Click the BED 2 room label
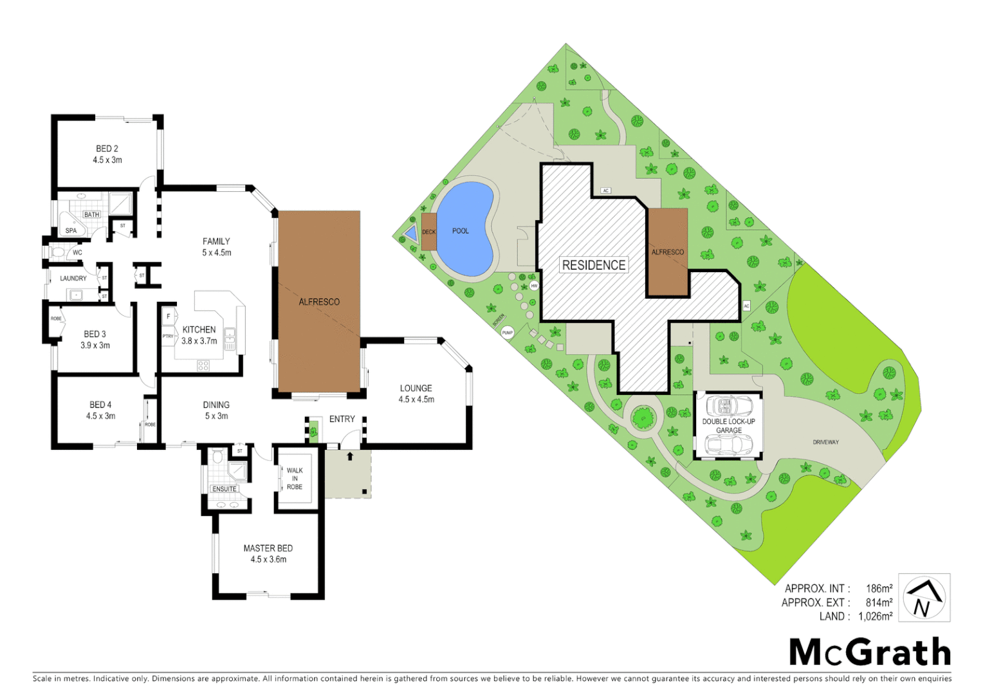[x=107, y=149]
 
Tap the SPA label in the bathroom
[x=71, y=230]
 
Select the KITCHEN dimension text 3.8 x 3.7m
[x=199, y=341]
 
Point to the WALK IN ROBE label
[x=295, y=479]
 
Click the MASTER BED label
[x=268, y=548]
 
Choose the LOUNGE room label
[x=416, y=388]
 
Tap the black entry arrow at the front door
[x=350, y=456]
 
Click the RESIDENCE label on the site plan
[x=594, y=265]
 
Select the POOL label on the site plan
[x=461, y=231]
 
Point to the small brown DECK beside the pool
[x=429, y=232]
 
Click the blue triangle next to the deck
[x=410, y=234]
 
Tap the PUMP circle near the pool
[x=508, y=333]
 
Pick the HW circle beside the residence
[x=534, y=286]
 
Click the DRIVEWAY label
[x=825, y=442]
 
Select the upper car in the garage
[x=730, y=405]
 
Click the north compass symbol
[x=924, y=598]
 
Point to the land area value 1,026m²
[x=875, y=616]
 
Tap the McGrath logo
[x=870, y=653]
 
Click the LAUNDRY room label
[x=73, y=279]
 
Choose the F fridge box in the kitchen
[x=169, y=317]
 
